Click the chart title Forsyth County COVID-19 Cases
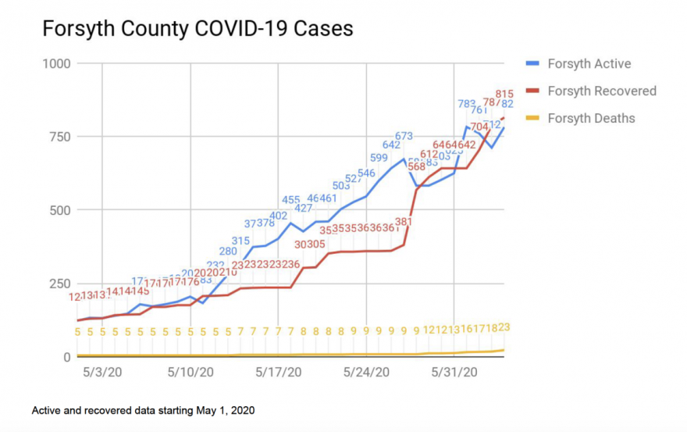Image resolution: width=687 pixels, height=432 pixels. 197,29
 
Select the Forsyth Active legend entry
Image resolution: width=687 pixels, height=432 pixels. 589,64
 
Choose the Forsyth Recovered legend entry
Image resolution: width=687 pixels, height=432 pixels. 601,91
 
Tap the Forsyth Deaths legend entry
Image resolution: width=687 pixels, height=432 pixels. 591,119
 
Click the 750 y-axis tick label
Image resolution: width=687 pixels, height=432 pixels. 60,137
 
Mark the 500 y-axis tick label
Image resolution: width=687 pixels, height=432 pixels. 60,210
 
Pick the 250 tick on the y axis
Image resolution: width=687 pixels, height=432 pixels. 60,284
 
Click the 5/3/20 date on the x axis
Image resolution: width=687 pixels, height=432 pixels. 101,373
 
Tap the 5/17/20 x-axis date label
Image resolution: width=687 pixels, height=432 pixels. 279,373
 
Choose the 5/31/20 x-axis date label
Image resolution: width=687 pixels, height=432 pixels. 456,373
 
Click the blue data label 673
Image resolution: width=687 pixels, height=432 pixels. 404,136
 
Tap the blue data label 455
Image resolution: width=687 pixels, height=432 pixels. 291,200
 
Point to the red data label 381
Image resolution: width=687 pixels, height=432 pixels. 404,222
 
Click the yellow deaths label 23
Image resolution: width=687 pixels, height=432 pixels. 504,327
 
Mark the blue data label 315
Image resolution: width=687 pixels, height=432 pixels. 240,241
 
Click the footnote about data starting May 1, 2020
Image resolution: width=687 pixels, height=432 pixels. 143,410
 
